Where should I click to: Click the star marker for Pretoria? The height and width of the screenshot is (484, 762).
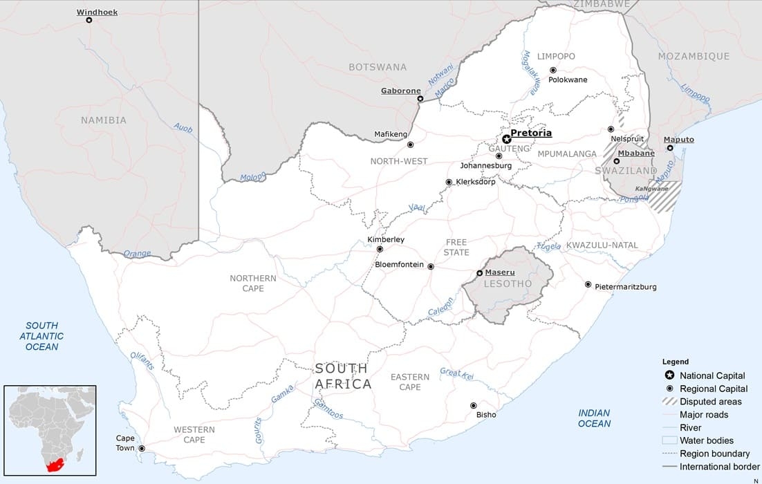507,139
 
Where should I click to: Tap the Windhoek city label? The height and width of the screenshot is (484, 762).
97,12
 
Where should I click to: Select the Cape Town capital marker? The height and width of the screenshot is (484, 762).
142,449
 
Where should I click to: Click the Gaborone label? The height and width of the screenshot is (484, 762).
401,91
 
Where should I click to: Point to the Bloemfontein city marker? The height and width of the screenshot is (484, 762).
431,266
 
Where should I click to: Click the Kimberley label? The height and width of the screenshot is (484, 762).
386,239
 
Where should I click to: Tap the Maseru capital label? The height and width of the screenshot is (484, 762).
499,272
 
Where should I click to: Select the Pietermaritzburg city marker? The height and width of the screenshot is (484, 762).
588,284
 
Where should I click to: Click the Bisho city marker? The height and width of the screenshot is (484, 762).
474,405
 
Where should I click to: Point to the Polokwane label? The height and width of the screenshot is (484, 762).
568,80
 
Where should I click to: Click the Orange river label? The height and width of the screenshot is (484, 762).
137,254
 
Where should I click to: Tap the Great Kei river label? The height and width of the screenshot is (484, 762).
457,374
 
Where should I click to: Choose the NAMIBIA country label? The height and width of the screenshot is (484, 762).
104,120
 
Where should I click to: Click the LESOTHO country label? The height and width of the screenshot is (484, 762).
508,283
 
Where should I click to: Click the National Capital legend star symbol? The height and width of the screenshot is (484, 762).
669,375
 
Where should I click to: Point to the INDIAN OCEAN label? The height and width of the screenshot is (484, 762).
594,418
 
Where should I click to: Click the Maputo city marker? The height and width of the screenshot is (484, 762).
670,148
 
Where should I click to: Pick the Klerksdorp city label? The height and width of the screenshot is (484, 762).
476,182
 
